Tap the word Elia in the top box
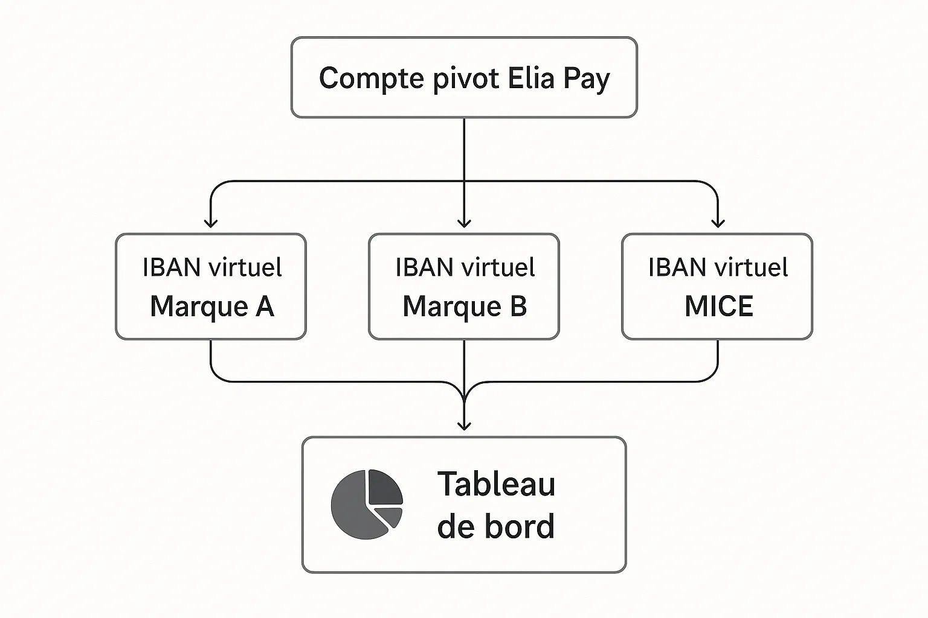pos(531,78)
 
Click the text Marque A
pos(211,307)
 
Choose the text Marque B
pos(465,307)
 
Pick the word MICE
pos(718,307)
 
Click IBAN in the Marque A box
pos(171,267)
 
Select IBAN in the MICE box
pos(677,267)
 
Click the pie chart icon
pos(366,505)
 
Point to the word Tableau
pos(496,484)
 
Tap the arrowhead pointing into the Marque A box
pos(211,224)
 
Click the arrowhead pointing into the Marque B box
pos(464,224)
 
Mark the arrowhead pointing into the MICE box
pos(718,224)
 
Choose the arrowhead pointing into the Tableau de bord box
pos(464,426)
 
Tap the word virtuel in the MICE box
pos(752,267)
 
